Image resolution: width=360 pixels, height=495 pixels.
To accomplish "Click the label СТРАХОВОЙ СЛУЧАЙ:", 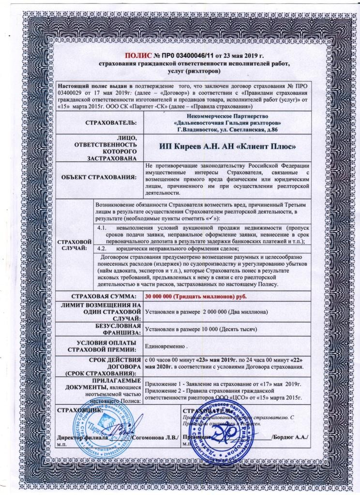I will (75, 244).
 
